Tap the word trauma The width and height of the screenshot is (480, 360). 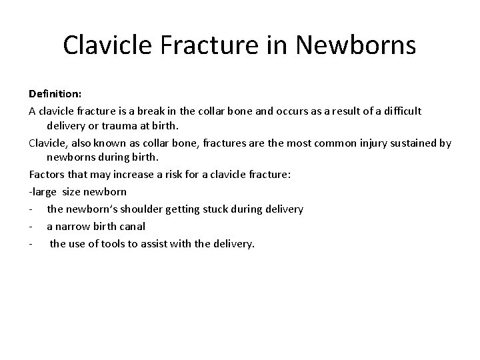[119, 125]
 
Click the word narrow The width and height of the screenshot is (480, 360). [74, 227]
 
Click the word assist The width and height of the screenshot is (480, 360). [162, 243]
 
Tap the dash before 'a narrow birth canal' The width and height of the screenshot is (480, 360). [31, 227]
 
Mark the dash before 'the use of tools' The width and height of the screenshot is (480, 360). [31, 243]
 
